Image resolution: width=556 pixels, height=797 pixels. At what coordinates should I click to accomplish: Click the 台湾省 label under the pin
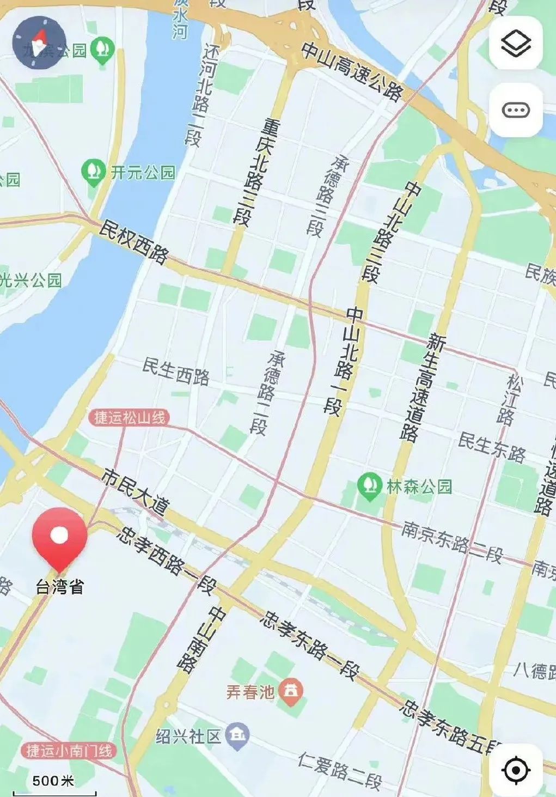point(60,587)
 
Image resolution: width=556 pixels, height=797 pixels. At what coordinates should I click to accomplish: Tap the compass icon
point(39,42)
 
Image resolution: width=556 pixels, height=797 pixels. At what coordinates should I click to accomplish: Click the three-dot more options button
point(515,111)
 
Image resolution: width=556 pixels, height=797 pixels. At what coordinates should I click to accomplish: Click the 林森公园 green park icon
point(369,486)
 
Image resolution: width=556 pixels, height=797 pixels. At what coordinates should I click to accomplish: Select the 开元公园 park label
point(143,173)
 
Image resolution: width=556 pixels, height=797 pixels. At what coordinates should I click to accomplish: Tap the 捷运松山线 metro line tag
point(130,418)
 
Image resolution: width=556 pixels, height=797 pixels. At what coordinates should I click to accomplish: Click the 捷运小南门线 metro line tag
point(69,751)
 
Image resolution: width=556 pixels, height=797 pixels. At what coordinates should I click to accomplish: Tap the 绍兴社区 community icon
point(237,737)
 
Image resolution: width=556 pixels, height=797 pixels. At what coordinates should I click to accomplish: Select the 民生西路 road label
point(176,371)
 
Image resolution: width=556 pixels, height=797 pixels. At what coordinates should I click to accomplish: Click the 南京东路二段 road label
point(451,542)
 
